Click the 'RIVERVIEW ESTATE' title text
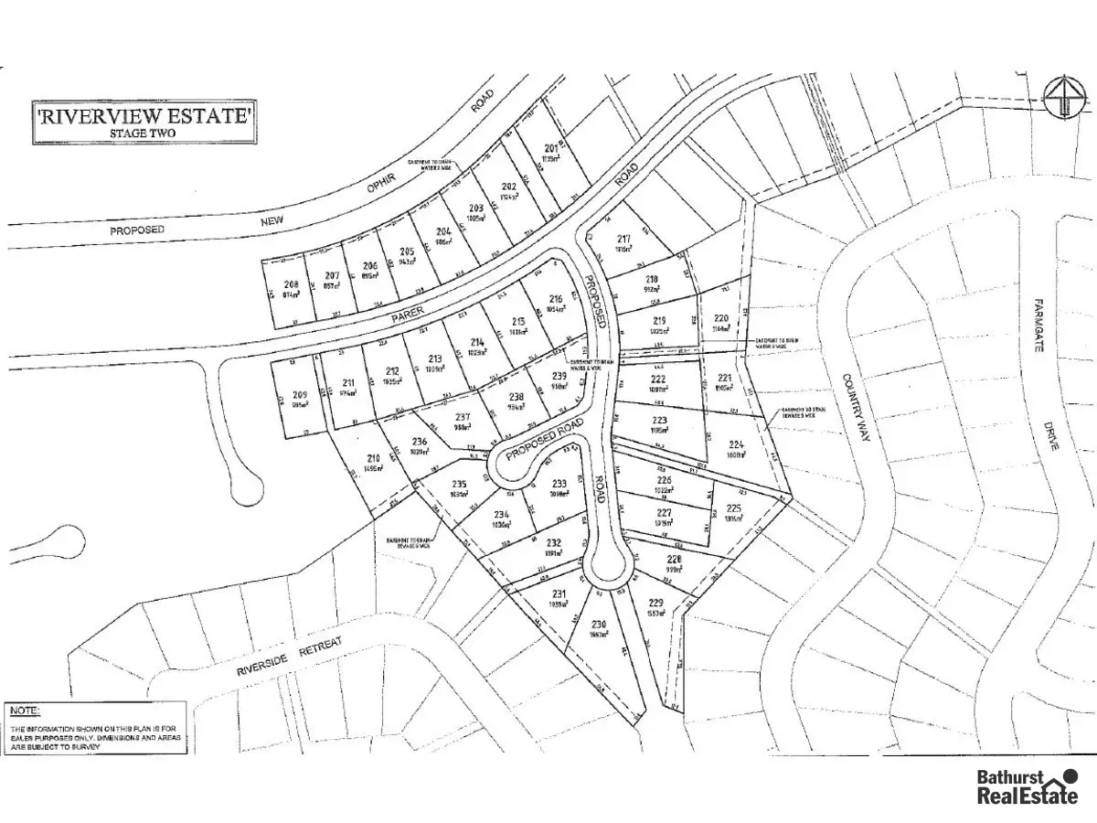pyautogui.click(x=144, y=116)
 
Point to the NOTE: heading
pyautogui.click(x=25, y=710)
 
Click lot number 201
pyautogui.click(x=551, y=149)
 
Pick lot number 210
pyautogui.click(x=373, y=459)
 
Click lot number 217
pyautogui.click(x=624, y=240)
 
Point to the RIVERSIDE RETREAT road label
pyautogui.click(x=289, y=657)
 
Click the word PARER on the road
pyautogui.click(x=409, y=314)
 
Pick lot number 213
pyautogui.click(x=435, y=359)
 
